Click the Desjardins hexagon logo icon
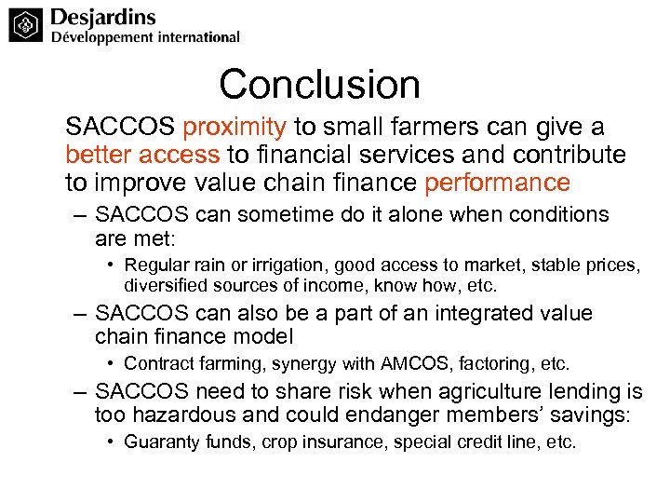tap(27, 25)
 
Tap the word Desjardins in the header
tap(103, 18)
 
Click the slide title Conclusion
tap(319, 85)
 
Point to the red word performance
tap(497, 182)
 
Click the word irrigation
tap(275, 266)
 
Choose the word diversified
tap(164, 285)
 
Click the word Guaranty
tap(158, 442)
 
